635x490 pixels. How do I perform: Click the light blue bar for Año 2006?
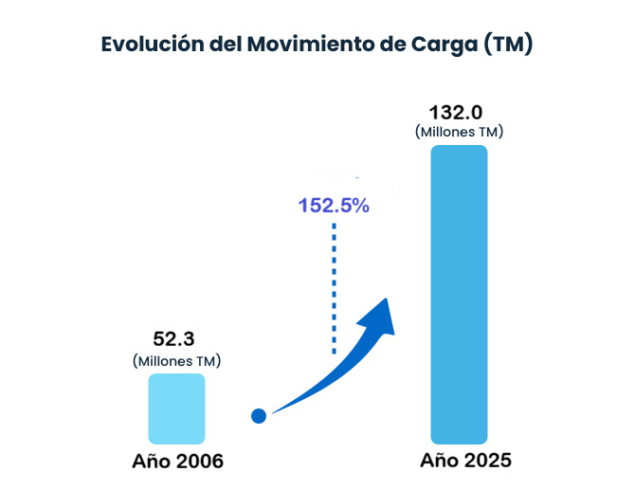[176, 408]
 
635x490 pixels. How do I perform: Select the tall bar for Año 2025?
[459, 295]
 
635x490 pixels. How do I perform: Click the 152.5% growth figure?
[334, 206]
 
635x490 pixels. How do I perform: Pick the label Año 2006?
[177, 463]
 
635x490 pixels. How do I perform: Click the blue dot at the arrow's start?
[259, 416]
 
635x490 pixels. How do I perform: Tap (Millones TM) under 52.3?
[176, 360]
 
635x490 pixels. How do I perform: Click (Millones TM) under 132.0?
[459, 132]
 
